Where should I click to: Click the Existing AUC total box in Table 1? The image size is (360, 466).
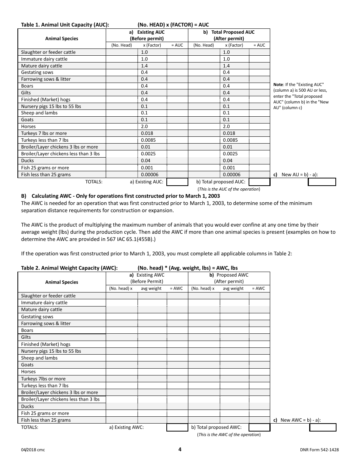[x=177, y=182]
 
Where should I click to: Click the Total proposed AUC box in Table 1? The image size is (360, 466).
[x=259, y=182]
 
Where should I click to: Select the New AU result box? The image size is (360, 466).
[x=322, y=182]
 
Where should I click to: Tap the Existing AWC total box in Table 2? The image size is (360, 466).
[x=177, y=427]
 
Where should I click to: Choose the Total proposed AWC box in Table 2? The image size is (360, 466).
[x=259, y=427]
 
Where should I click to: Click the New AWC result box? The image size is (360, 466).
[x=323, y=427]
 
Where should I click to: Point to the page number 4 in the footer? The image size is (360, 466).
[x=180, y=450]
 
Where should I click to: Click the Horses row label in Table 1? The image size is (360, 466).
[x=28, y=127]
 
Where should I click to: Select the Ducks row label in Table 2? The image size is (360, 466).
[x=27, y=407]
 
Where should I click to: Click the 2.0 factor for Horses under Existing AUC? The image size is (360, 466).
[x=144, y=127]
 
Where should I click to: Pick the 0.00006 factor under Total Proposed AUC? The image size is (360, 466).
[x=231, y=175]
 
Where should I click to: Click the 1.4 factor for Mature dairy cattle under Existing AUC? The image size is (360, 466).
[x=144, y=66]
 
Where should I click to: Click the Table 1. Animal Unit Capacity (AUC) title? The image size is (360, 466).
[x=65, y=25]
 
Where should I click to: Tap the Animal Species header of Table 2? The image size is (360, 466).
[x=61, y=282]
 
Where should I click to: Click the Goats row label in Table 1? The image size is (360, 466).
[x=27, y=120]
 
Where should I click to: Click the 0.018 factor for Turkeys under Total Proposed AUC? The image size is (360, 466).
[x=229, y=133]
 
